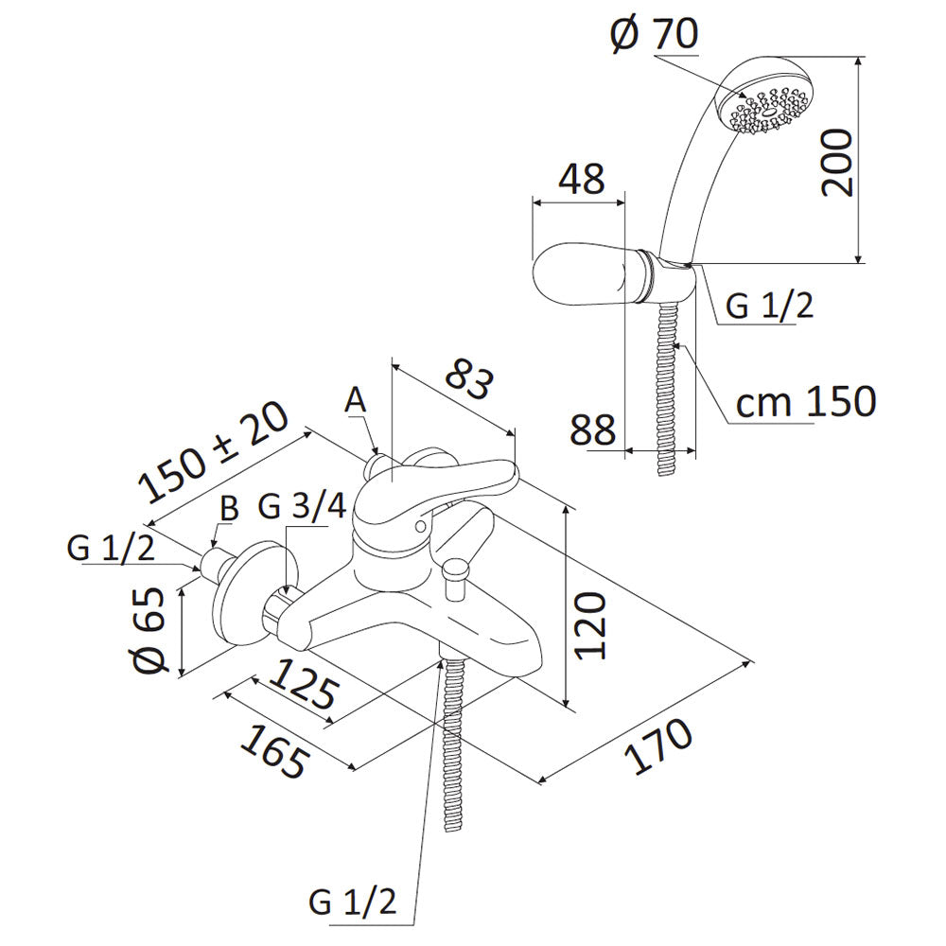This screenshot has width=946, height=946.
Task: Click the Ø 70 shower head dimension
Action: click(654, 35)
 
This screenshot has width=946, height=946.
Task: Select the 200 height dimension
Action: click(837, 161)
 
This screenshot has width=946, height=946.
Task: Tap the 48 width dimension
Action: click(580, 179)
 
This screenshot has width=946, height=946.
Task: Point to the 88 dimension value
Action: click(593, 429)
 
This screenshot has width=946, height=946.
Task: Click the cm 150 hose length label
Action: click(806, 401)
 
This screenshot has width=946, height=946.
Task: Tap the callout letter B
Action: click(228, 508)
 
